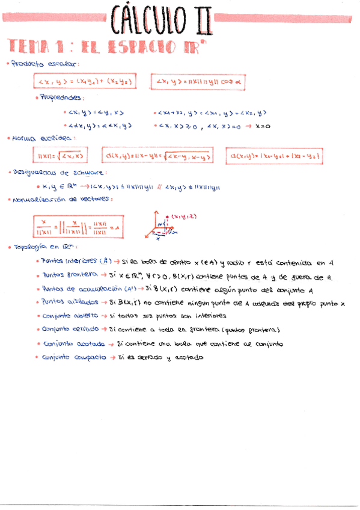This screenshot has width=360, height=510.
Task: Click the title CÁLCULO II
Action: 162,19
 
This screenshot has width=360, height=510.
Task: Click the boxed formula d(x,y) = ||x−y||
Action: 159,157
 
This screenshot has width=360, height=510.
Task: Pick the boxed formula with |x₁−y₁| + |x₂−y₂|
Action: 275,157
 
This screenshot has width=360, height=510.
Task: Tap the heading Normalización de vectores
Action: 62,199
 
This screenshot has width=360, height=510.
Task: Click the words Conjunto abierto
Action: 66,316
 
